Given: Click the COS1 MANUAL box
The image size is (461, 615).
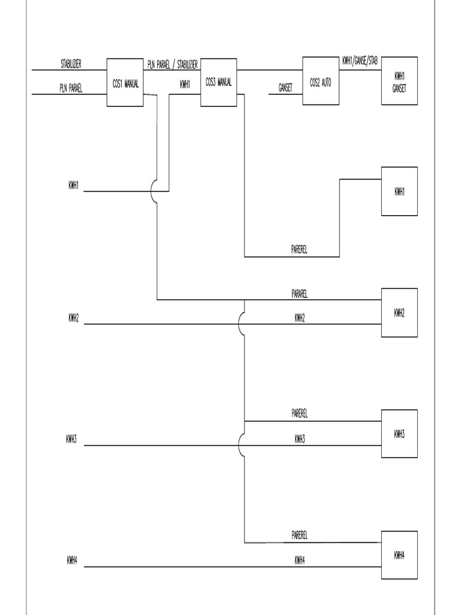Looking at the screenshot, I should pyautogui.click(x=125, y=83).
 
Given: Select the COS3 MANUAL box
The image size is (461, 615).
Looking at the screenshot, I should pyautogui.click(x=218, y=83).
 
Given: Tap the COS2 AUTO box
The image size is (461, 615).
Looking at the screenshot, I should pyautogui.click(x=321, y=81).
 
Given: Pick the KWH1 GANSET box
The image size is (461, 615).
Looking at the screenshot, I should pyautogui.click(x=399, y=81).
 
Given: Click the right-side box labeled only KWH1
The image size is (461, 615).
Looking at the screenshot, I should pyautogui.click(x=399, y=192).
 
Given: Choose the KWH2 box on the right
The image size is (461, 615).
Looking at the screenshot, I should pyautogui.click(x=399, y=312).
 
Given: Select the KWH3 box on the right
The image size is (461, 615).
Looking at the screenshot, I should pyautogui.click(x=399, y=434).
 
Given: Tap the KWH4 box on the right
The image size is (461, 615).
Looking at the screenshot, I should pyautogui.click(x=399, y=555).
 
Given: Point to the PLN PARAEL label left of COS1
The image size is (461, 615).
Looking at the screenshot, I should pyautogui.click(x=71, y=88).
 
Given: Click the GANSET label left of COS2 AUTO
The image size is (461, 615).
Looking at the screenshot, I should pyautogui.click(x=285, y=88).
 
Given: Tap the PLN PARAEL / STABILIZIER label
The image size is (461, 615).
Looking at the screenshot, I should pyautogui.click(x=173, y=64).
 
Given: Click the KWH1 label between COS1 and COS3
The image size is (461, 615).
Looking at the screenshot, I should pyautogui.click(x=185, y=85).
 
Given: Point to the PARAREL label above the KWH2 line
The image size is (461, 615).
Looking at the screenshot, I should pyautogui.click(x=300, y=294).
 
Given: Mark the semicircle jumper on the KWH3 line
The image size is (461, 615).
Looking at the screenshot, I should pyautogui.click(x=241, y=445).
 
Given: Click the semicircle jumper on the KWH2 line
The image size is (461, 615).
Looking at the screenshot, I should pyautogui.click(x=241, y=324).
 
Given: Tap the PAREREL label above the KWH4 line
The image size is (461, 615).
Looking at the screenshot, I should pyautogui.click(x=300, y=535).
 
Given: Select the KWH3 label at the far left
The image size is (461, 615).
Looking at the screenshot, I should pyautogui.click(x=71, y=439).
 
